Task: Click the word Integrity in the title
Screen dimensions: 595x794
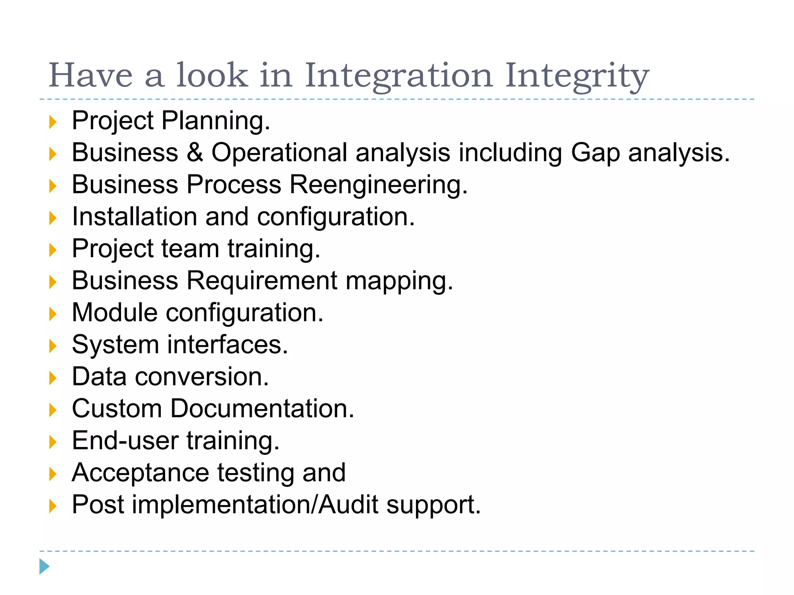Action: click(577, 76)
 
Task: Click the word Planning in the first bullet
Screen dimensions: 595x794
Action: click(216, 121)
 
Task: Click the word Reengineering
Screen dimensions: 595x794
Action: click(378, 185)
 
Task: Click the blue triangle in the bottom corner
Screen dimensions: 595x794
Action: click(45, 566)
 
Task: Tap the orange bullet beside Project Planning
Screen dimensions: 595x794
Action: click(53, 122)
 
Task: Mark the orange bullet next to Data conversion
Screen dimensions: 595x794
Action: click(53, 378)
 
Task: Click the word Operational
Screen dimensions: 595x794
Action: click(279, 153)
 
